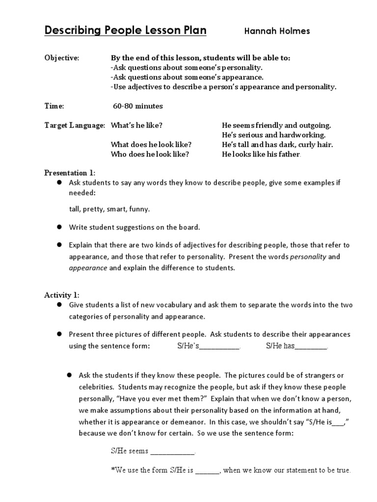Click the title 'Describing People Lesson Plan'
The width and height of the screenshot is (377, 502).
[x=126, y=31]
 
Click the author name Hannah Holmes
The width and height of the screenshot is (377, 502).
[x=277, y=32]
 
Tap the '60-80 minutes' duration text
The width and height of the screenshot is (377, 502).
[x=138, y=106]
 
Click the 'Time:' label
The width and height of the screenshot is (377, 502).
[x=54, y=106]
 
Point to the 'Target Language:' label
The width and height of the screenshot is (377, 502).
[x=75, y=125]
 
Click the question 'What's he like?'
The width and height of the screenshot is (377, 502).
[x=136, y=125]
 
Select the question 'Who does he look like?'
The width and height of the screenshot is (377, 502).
[x=150, y=154]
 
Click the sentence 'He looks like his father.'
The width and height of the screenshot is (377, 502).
[x=261, y=154]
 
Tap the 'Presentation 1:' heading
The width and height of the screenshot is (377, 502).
[x=70, y=173]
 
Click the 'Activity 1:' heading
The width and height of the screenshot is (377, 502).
[x=61, y=295]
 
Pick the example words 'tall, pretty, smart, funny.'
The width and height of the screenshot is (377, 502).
[x=109, y=209]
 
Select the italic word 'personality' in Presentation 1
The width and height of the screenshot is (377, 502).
[x=308, y=256]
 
